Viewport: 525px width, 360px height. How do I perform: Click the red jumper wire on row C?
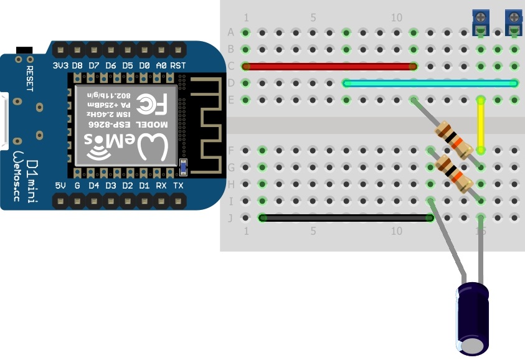(330, 66)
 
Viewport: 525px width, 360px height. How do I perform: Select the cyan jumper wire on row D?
(430, 83)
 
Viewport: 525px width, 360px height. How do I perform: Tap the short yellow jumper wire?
(480, 125)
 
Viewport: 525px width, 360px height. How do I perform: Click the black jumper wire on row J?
(346, 218)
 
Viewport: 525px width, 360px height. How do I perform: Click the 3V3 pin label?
(60, 65)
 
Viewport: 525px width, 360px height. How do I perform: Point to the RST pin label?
(178, 65)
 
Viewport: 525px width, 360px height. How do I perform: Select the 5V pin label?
(60, 186)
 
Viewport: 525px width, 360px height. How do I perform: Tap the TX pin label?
(178, 186)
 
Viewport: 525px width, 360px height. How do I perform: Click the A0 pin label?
(161, 65)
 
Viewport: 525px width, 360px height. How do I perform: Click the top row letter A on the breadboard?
(231, 32)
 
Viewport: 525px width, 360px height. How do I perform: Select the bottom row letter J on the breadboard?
(231, 218)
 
